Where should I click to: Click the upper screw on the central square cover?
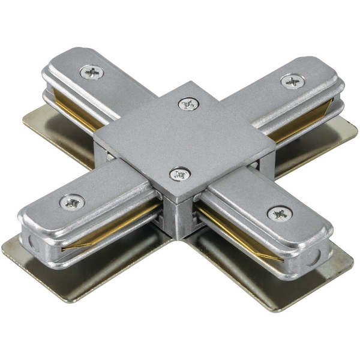pos(188,104)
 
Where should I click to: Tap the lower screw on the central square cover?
pos(178,175)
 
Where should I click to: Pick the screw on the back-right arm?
pos(291,80)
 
